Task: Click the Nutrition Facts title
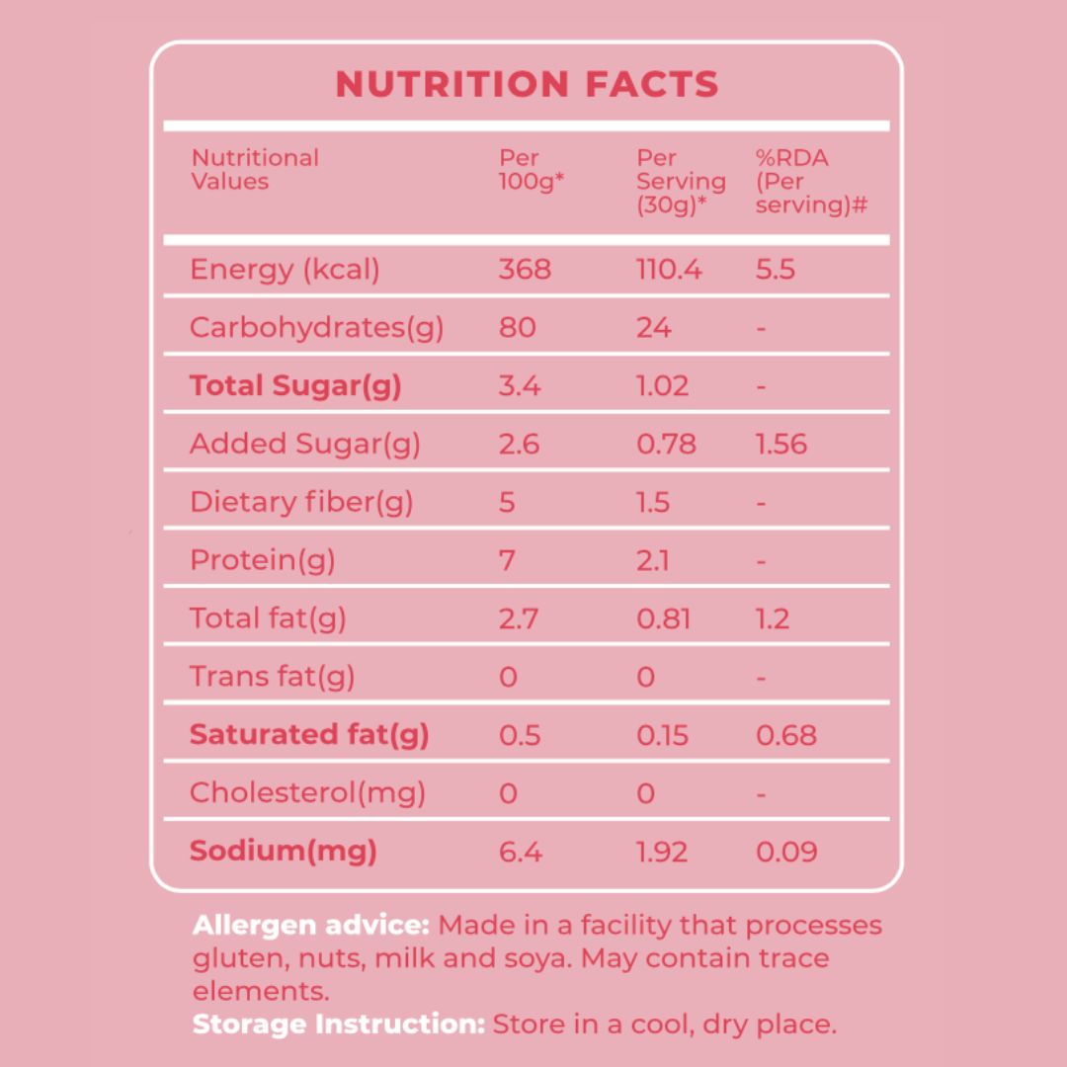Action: point(527,85)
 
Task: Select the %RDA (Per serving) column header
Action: point(810,181)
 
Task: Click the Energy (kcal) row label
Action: point(285,270)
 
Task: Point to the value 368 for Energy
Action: point(525,270)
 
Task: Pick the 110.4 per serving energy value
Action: point(669,270)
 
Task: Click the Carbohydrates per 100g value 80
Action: point(518,328)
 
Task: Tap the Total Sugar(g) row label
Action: point(295,385)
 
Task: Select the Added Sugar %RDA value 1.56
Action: point(781,444)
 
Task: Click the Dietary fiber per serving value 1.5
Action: point(653,502)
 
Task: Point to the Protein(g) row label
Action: point(263,560)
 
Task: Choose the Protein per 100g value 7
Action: point(508,560)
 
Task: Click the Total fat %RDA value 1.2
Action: point(773,618)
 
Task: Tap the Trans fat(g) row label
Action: point(272,677)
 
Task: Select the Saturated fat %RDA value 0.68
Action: point(786,735)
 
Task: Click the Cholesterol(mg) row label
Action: point(307,792)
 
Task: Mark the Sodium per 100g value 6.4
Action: point(521,851)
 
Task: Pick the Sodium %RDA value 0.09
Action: point(786,851)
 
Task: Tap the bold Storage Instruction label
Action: point(339,1024)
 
